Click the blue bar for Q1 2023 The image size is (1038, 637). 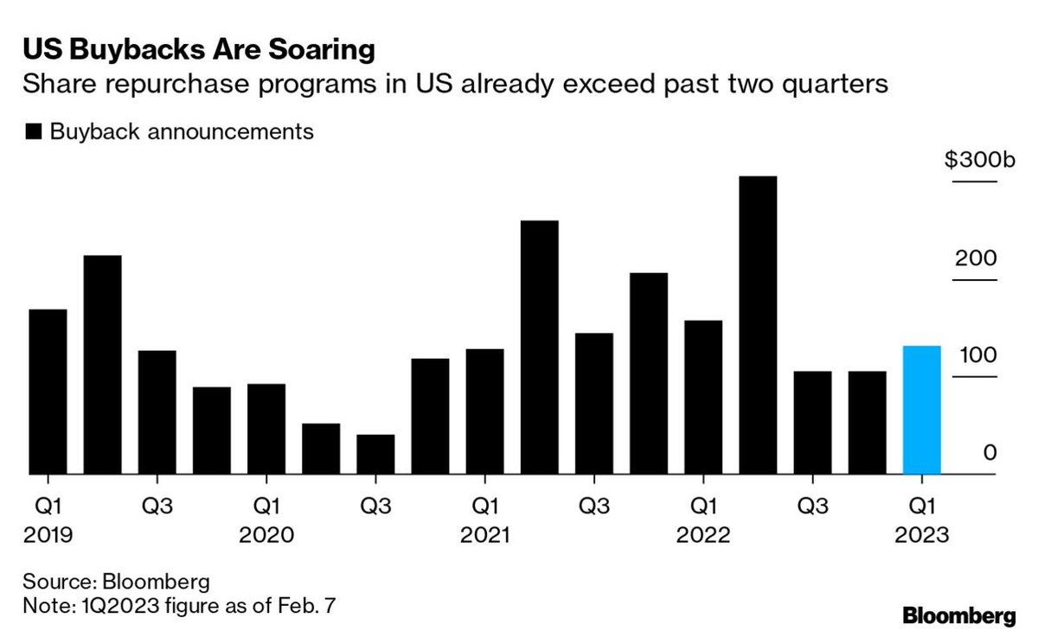click(x=922, y=410)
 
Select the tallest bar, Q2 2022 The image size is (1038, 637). click(x=758, y=325)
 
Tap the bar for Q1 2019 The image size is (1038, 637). click(x=48, y=392)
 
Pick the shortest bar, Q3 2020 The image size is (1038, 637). click(x=375, y=454)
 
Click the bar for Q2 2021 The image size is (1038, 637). click(x=540, y=347)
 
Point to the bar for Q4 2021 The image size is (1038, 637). click(x=649, y=373)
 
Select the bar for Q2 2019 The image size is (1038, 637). click(x=102, y=365)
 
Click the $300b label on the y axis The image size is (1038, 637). click(x=979, y=160)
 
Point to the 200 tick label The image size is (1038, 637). click(x=976, y=258)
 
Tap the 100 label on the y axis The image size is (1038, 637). click(x=977, y=355)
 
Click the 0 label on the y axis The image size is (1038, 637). click(x=990, y=452)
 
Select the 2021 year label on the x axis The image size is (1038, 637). click(x=484, y=535)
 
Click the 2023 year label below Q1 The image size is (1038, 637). click(x=922, y=535)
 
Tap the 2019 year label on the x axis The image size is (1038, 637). click(x=48, y=535)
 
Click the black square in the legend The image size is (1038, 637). click(x=34, y=131)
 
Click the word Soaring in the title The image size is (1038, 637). click(x=322, y=50)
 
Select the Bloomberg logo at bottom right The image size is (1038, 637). click(x=959, y=615)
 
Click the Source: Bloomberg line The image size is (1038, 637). click(x=116, y=582)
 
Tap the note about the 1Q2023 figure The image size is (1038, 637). click(x=179, y=606)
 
